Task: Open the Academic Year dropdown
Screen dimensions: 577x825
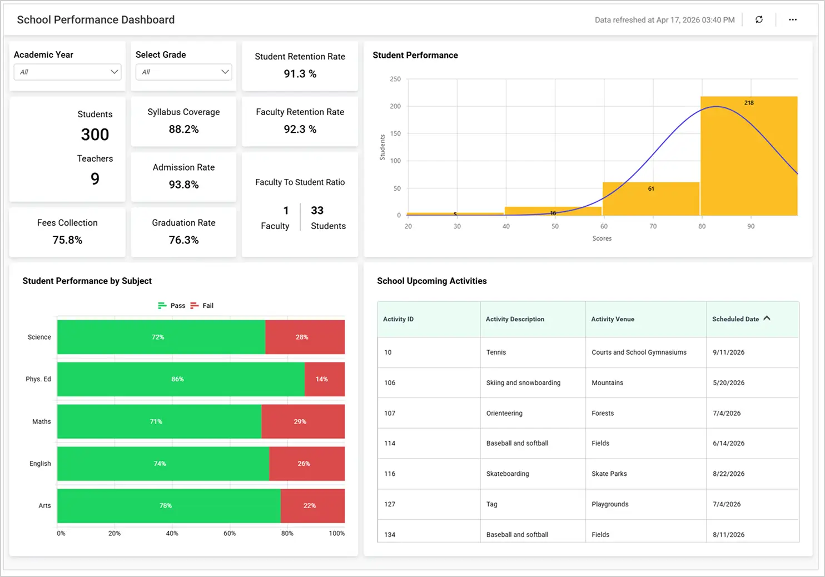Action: (x=67, y=72)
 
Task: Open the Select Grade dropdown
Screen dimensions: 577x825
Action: (x=183, y=72)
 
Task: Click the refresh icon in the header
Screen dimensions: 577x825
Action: (x=759, y=19)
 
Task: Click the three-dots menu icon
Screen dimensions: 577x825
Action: (x=792, y=19)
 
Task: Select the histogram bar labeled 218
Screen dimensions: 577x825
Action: (x=748, y=156)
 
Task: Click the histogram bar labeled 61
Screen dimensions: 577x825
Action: (x=650, y=198)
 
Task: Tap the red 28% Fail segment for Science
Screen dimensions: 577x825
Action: (x=305, y=337)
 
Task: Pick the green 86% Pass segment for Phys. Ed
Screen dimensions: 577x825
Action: (x=181, y=379)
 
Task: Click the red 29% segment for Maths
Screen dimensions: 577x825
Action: (x=302, y=421)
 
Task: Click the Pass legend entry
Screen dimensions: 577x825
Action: (x=172, y=306)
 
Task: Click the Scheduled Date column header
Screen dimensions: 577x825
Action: (x=735, y=319)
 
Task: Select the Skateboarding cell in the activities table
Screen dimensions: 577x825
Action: (x=508, y=474)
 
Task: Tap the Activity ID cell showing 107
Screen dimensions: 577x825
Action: (x=390, y=413)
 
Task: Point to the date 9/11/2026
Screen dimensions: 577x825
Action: (x=728, y=352)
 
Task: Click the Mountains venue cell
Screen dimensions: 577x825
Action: (x=607, y=382)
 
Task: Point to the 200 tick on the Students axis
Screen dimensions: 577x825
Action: (x=395, y=106)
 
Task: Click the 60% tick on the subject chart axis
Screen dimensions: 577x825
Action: (x=230, y=533)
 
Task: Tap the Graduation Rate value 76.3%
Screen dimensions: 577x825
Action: (x=183, y=240)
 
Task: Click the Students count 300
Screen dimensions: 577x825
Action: (x=95, y=135)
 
